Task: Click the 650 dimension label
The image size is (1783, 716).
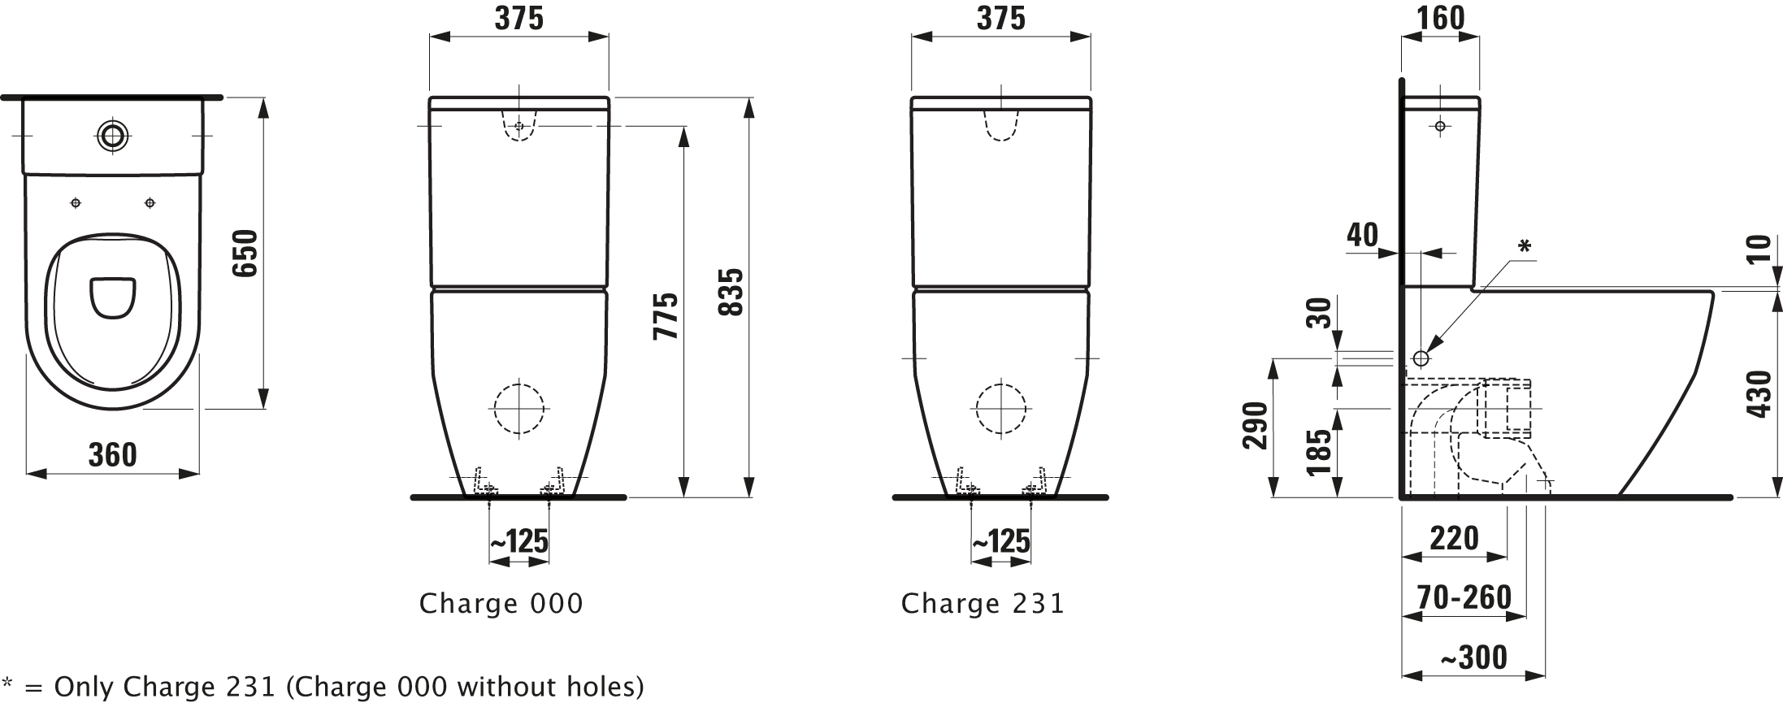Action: click(245, 253)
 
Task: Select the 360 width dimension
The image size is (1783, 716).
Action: click(112, 455)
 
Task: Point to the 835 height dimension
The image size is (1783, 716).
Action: click(731, 293)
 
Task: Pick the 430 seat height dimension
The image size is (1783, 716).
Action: click(1759, 394)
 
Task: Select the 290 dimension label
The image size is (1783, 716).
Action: click(1256, 425)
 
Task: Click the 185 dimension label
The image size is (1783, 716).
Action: click(1321, 452)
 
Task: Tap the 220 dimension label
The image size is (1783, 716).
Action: click(1455, 539)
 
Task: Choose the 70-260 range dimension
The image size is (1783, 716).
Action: click(1464, 597)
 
